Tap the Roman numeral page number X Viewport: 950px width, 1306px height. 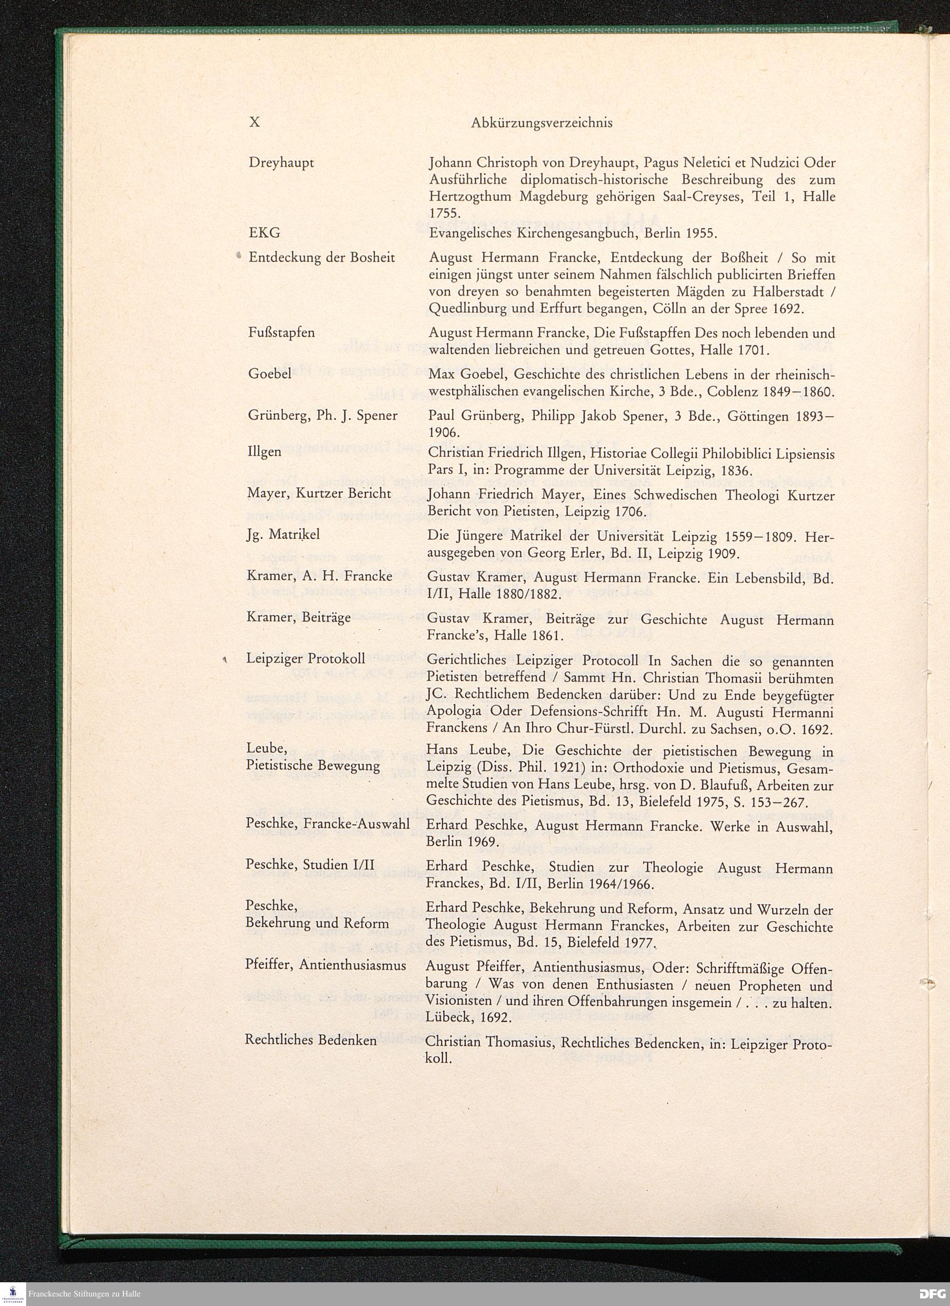tap(254, 122)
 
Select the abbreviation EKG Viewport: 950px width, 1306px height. tap(265, 233)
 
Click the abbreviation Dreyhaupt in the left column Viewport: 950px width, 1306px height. tap(281, 163)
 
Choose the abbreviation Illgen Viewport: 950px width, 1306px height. tap(265, 451)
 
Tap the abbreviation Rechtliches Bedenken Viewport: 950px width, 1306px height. tap(311, 1040)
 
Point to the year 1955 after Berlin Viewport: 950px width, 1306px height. tap(699, 233)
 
